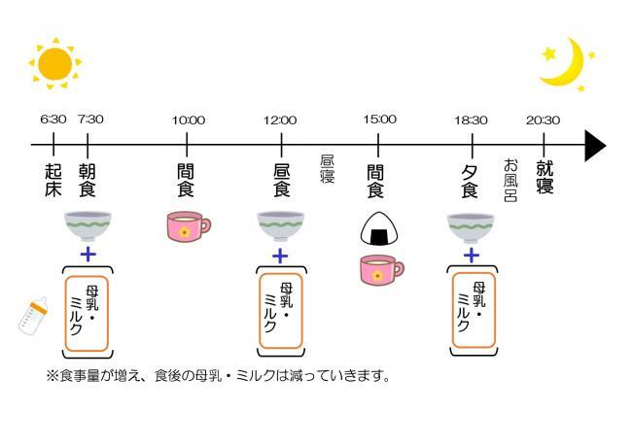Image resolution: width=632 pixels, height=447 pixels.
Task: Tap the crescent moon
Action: coord(565,63)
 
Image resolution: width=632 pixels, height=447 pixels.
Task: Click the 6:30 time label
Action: coord(53,120)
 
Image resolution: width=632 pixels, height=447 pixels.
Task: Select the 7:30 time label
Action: coord(89,120)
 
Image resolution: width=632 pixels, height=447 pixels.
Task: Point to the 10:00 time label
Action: coord(188,120)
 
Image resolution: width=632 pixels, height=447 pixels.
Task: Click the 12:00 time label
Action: coord(280,120)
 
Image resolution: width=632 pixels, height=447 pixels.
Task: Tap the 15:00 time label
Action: coord(379,120)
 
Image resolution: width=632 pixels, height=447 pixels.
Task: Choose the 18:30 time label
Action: coord(471,120)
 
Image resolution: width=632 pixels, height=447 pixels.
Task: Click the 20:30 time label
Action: coord(543,120)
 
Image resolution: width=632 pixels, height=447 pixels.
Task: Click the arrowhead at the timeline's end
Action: coord(593,146)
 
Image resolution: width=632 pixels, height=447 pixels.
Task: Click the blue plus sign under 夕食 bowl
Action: coord(471,256)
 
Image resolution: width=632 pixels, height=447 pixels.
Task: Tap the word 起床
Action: coord(53,180)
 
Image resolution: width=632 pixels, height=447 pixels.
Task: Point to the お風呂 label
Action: coord(509,180)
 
